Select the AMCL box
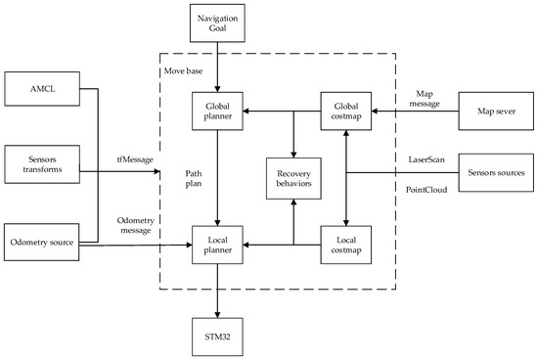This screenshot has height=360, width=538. (x=42, y=93)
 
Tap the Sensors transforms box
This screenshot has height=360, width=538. (x=42, y=163)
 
